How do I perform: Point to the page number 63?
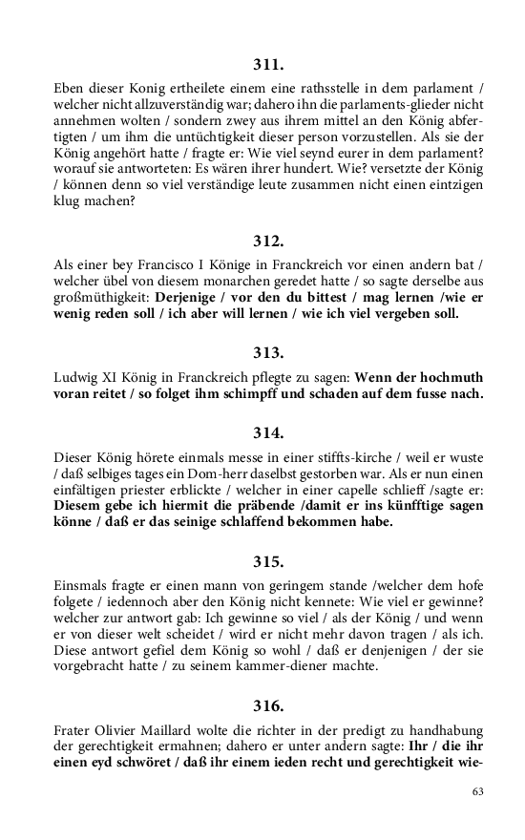(478, 792)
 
